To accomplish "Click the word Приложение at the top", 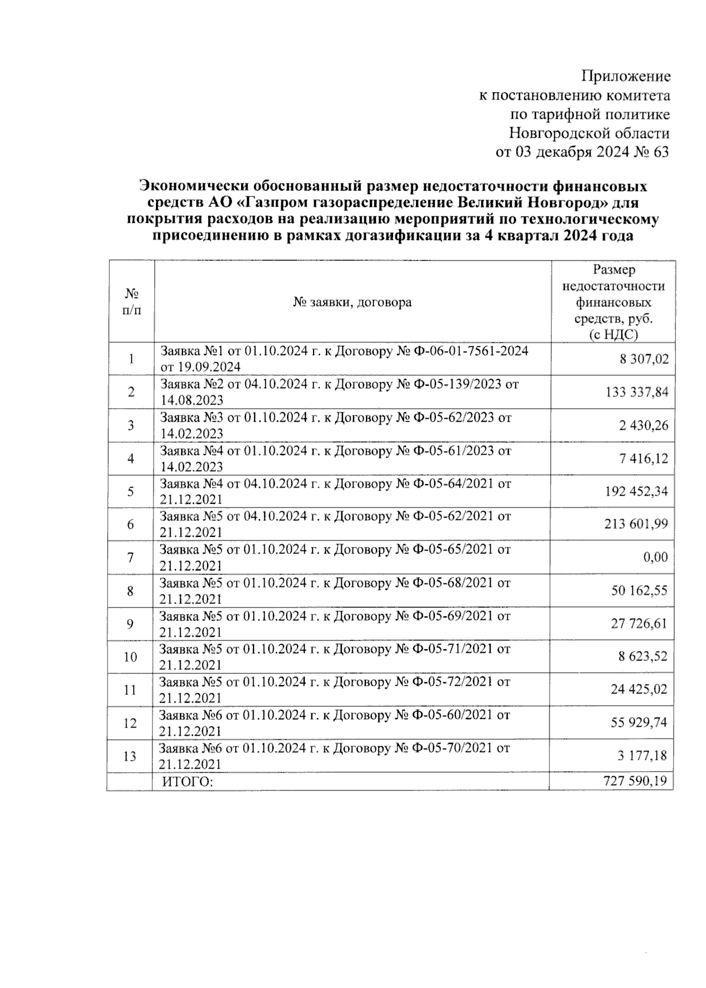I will [x=625, y=76].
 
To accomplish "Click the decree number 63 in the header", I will [x=661, y=152].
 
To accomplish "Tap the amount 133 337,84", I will [x=637, y=392].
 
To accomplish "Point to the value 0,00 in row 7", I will [x=655, y=558].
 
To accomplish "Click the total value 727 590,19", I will [x=635, y=781].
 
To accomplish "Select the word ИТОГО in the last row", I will [x=187, y=782].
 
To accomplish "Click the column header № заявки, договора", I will [x=352, y=302].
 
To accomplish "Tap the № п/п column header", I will [x=131, y=302].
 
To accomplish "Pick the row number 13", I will [x=130, y=756].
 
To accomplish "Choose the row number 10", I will [x=130, y=657].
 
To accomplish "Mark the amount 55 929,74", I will [x=639, y=723].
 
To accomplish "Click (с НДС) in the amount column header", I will [x=614, y=335].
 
